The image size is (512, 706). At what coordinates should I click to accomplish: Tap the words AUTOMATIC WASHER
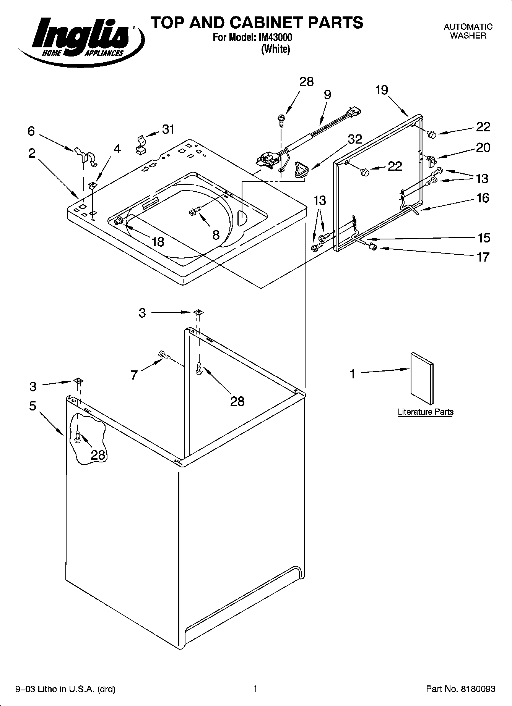pos(468,31)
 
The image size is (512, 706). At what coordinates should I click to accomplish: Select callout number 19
pos(381,90)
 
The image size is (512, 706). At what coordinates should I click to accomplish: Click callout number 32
pos(354,139)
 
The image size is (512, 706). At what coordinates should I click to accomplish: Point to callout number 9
pos(327,95)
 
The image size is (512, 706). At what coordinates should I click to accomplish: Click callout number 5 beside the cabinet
pos(33,406)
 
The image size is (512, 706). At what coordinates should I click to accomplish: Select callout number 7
pos(134,375)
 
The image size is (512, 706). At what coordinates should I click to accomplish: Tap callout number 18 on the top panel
pos(158,241)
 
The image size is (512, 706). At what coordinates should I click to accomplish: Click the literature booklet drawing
pos(422,378)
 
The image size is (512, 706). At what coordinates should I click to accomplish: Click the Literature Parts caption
pos(425,412)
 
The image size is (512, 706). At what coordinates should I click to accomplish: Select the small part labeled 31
pos(141,144)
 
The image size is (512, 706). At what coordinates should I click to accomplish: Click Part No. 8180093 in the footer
pos(460,689)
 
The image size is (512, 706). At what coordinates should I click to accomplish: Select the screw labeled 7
pos(164,355)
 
